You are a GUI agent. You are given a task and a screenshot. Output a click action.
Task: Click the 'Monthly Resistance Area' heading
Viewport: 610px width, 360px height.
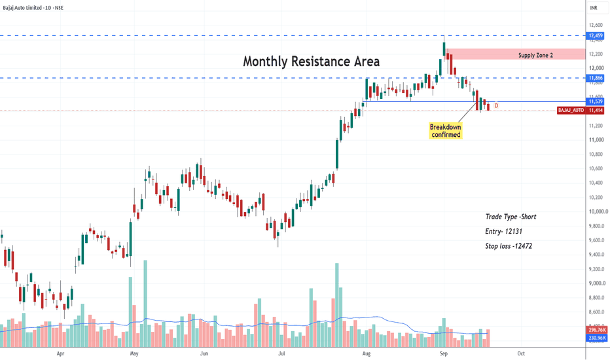[x=312, y=62]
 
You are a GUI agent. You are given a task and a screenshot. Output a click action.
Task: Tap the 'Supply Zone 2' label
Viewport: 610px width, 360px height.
[x=535, y=55]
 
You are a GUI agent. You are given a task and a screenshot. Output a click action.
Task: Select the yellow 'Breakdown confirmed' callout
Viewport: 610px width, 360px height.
[x=446, y=131]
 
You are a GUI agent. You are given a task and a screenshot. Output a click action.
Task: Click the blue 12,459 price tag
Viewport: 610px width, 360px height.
[x=596, y=36]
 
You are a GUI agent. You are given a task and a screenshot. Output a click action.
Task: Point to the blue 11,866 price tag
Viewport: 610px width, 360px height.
[x=596, y=78]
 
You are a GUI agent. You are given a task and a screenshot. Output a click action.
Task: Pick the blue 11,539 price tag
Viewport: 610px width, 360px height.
[x=596, y=101]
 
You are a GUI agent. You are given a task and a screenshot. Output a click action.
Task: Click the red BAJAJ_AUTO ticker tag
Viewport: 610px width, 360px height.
[x=571, y=111]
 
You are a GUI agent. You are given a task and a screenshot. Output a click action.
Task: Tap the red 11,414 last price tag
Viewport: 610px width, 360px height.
[x=596, y=111]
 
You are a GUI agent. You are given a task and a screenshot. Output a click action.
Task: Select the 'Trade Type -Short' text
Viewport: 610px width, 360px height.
[x=511, y=217]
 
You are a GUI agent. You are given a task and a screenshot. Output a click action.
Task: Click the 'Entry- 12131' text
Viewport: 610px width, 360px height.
[x=503, y=232]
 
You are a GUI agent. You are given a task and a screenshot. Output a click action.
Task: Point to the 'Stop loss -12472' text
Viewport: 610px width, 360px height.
[x=509, y=246]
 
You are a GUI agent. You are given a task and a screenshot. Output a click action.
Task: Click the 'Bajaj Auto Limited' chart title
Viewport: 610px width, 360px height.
[x=22, y=8]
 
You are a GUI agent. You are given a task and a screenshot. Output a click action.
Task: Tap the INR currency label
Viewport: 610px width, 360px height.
[x=593, y=8]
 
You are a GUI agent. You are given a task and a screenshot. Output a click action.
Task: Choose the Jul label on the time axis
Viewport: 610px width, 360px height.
[x=281, y=353]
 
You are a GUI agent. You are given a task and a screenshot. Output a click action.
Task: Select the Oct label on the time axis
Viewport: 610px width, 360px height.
[x=521, y=353]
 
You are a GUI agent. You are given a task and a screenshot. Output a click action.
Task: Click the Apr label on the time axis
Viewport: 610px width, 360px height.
[x=60, y=353]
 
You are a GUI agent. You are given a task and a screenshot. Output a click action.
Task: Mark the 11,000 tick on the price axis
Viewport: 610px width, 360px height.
[x=596, y=139]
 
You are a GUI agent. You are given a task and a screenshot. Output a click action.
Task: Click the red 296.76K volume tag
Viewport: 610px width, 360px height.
[x=596, y=330]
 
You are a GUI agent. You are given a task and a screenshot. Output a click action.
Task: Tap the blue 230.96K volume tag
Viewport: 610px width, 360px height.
[x=596, y=338]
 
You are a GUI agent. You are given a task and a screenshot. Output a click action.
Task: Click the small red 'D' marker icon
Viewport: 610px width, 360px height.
[x=496, y=106]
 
